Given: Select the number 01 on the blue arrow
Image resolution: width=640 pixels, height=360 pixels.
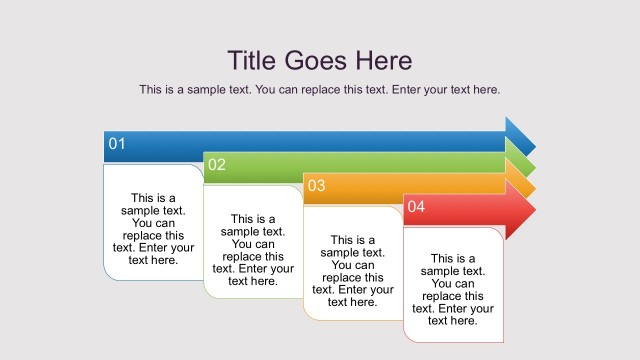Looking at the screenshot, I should [117, 144].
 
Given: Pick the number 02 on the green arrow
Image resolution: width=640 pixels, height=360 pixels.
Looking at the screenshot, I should [217, 165].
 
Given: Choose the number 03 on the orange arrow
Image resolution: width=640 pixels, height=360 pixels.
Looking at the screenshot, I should [316, 185].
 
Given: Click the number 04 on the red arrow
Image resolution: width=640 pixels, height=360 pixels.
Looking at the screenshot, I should [416, 206].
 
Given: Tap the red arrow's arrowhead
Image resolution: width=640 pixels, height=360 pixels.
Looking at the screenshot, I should [520, 210].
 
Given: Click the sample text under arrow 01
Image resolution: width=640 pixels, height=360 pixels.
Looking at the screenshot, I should [153, 229].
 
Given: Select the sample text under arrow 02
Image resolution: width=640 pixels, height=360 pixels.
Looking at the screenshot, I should [253, 249].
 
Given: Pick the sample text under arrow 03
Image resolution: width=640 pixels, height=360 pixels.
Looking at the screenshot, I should [353, 270].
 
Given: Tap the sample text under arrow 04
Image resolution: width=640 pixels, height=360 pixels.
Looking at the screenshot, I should [453, 290].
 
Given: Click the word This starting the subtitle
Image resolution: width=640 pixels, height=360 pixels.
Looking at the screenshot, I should [152, 90].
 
